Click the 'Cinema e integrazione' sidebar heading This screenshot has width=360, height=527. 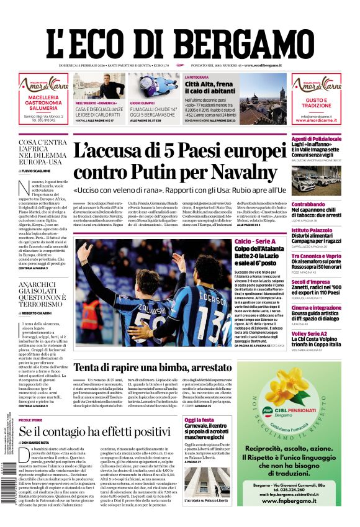pos(307,309)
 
